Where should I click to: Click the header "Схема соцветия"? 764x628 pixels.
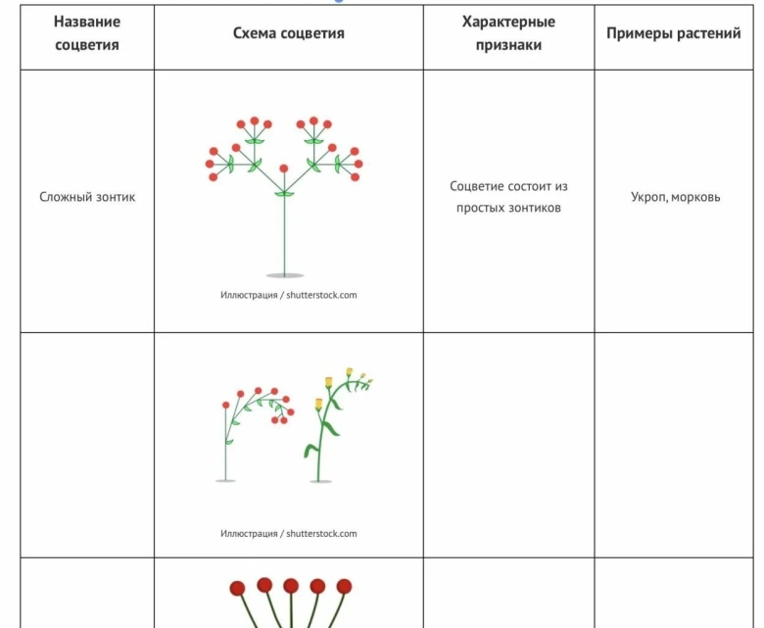pyautogui.click(x=288, y=33)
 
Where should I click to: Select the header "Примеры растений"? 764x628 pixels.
pyautogui.click(x=674, y=33)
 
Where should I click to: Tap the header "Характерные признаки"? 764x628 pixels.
pyautogui.click(x=508, y=33)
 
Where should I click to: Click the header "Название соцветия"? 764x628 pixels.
pyautogui.click(x=86, y=33)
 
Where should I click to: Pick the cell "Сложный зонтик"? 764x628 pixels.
pyautogui.click(x=87, y=197)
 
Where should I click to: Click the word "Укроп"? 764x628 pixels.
pyautogui.click(x=649, y=197)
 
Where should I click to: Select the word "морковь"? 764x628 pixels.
pyautogui.click(x=697, y=197)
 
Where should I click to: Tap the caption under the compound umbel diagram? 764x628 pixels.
pyautogui.click(x=288, y=295)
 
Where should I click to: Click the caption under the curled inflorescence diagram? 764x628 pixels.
pyautogui.click(x=288, y=534)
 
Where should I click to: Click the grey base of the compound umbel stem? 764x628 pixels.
pyautogui.click(x=284, y=275)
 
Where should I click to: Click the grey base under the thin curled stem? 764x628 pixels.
pyautogui.click(x=225, y=480)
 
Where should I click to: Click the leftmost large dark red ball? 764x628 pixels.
pyautogui.click(x=237, y=588)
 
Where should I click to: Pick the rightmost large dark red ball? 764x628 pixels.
pyautogui.click(x=344, y=586)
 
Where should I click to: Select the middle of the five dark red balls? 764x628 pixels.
pyautogui.click(x=291, y=586)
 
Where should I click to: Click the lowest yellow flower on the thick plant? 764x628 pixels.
pyautogui.click(x=318, y=405)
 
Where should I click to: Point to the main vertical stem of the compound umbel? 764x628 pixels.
pyautogui.click(x=284, y=235)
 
